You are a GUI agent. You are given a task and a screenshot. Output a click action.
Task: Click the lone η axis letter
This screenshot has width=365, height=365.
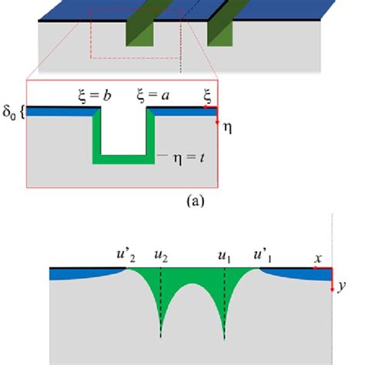[x=226, y=129]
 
